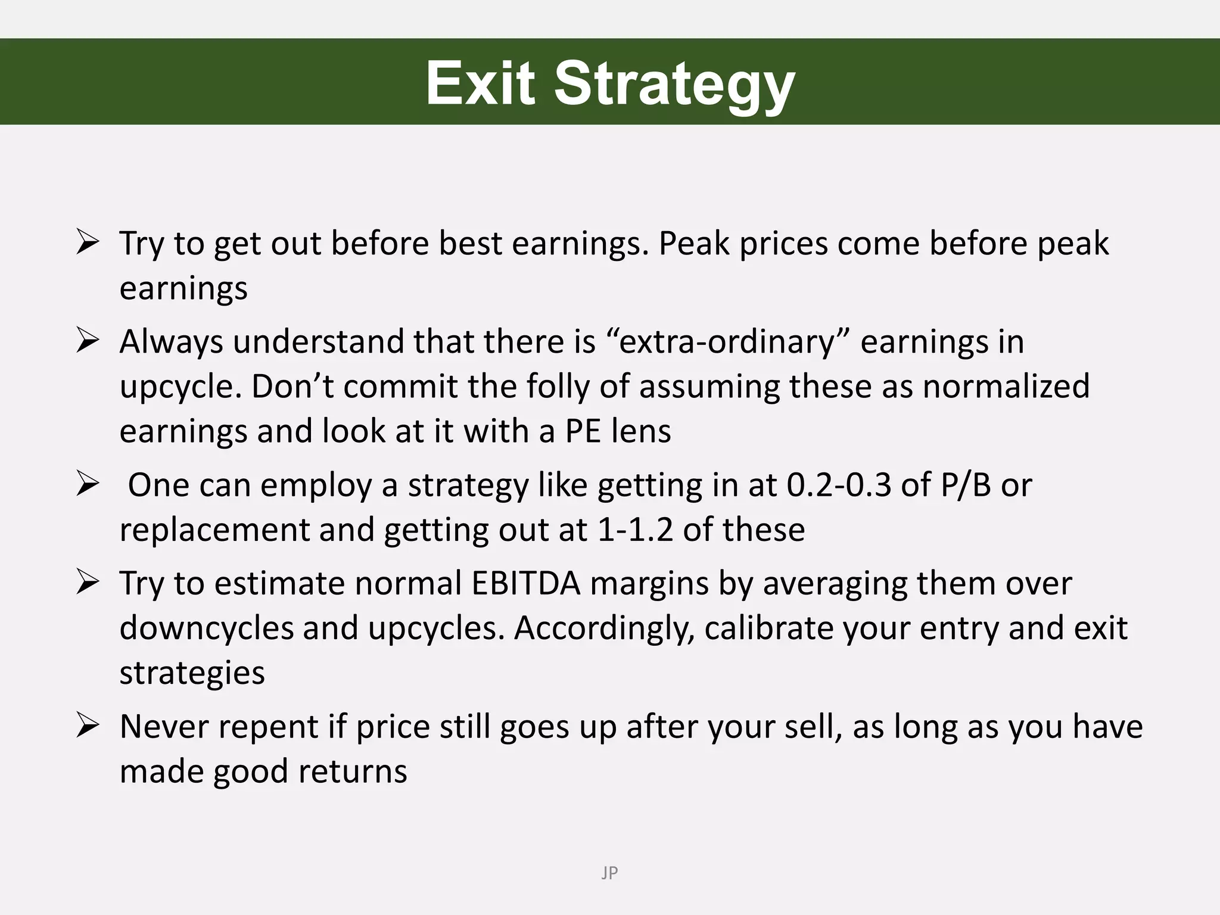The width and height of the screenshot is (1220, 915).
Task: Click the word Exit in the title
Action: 480,83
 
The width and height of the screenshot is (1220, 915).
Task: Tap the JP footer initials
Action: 609,873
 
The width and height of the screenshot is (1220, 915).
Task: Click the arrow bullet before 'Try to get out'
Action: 87,243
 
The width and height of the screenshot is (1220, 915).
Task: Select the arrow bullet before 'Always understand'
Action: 87,341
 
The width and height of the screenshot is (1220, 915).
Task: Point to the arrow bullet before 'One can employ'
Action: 87,485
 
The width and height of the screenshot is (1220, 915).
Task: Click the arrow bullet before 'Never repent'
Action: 87,726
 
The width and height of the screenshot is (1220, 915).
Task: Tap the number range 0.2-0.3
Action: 839,485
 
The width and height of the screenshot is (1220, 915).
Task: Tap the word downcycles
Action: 206,628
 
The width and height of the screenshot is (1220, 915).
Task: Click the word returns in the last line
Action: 352,771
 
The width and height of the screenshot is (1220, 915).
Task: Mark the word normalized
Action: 1006,386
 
